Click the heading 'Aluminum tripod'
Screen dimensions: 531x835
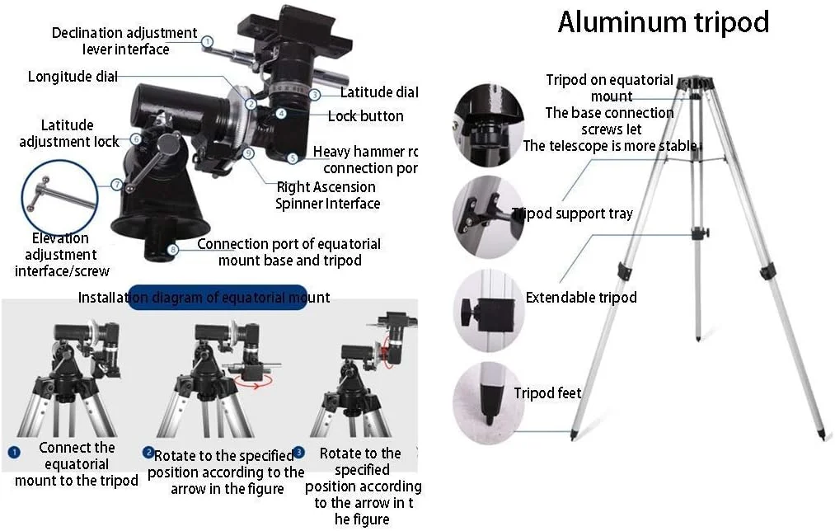pyautogui.click(x=663, y=22)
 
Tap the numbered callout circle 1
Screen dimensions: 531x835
pyautogui.click(x=208, y=40)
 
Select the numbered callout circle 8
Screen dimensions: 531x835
pyautogui.click(x=172, y=249)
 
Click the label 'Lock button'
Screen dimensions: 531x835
pyautogui.click(x=365, y=116)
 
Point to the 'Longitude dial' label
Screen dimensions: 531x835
pyautogui.click(x=73, y=77)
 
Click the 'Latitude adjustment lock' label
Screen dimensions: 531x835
pyautogui.click(x=68, y=134)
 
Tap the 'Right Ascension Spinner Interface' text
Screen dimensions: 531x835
pyautogui.click(x=327, y=195)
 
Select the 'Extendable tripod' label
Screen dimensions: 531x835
pyautogui.click(x=581, y=298)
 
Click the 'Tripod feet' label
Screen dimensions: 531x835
pyautogui.click(x=547, y=393)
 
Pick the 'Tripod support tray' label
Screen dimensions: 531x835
pyautogui.click(x=572, y=214)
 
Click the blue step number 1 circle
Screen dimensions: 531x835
pyautogui.click(x=14, y=452)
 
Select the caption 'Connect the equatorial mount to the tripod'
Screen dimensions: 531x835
pyautogui.click(x=77, y=464)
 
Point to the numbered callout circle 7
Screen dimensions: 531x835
pyautogui.click(x=117, y=184)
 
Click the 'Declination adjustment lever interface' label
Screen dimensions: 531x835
pyautogui.click(x=124, y=41)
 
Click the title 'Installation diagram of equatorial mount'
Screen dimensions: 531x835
pyautogui.click(x=204, y=298)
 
